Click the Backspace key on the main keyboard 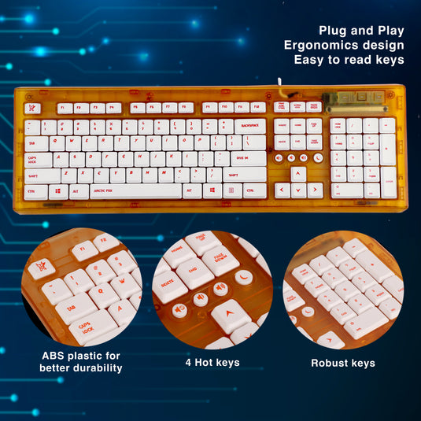[249, 126]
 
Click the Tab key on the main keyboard [35, 143]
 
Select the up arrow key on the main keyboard [298, 175]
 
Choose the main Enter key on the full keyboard [249, 159]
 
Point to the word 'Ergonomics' [323, 45]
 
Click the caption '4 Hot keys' [212, 363]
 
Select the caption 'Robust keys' [342, 363]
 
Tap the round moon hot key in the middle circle [243, 276]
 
